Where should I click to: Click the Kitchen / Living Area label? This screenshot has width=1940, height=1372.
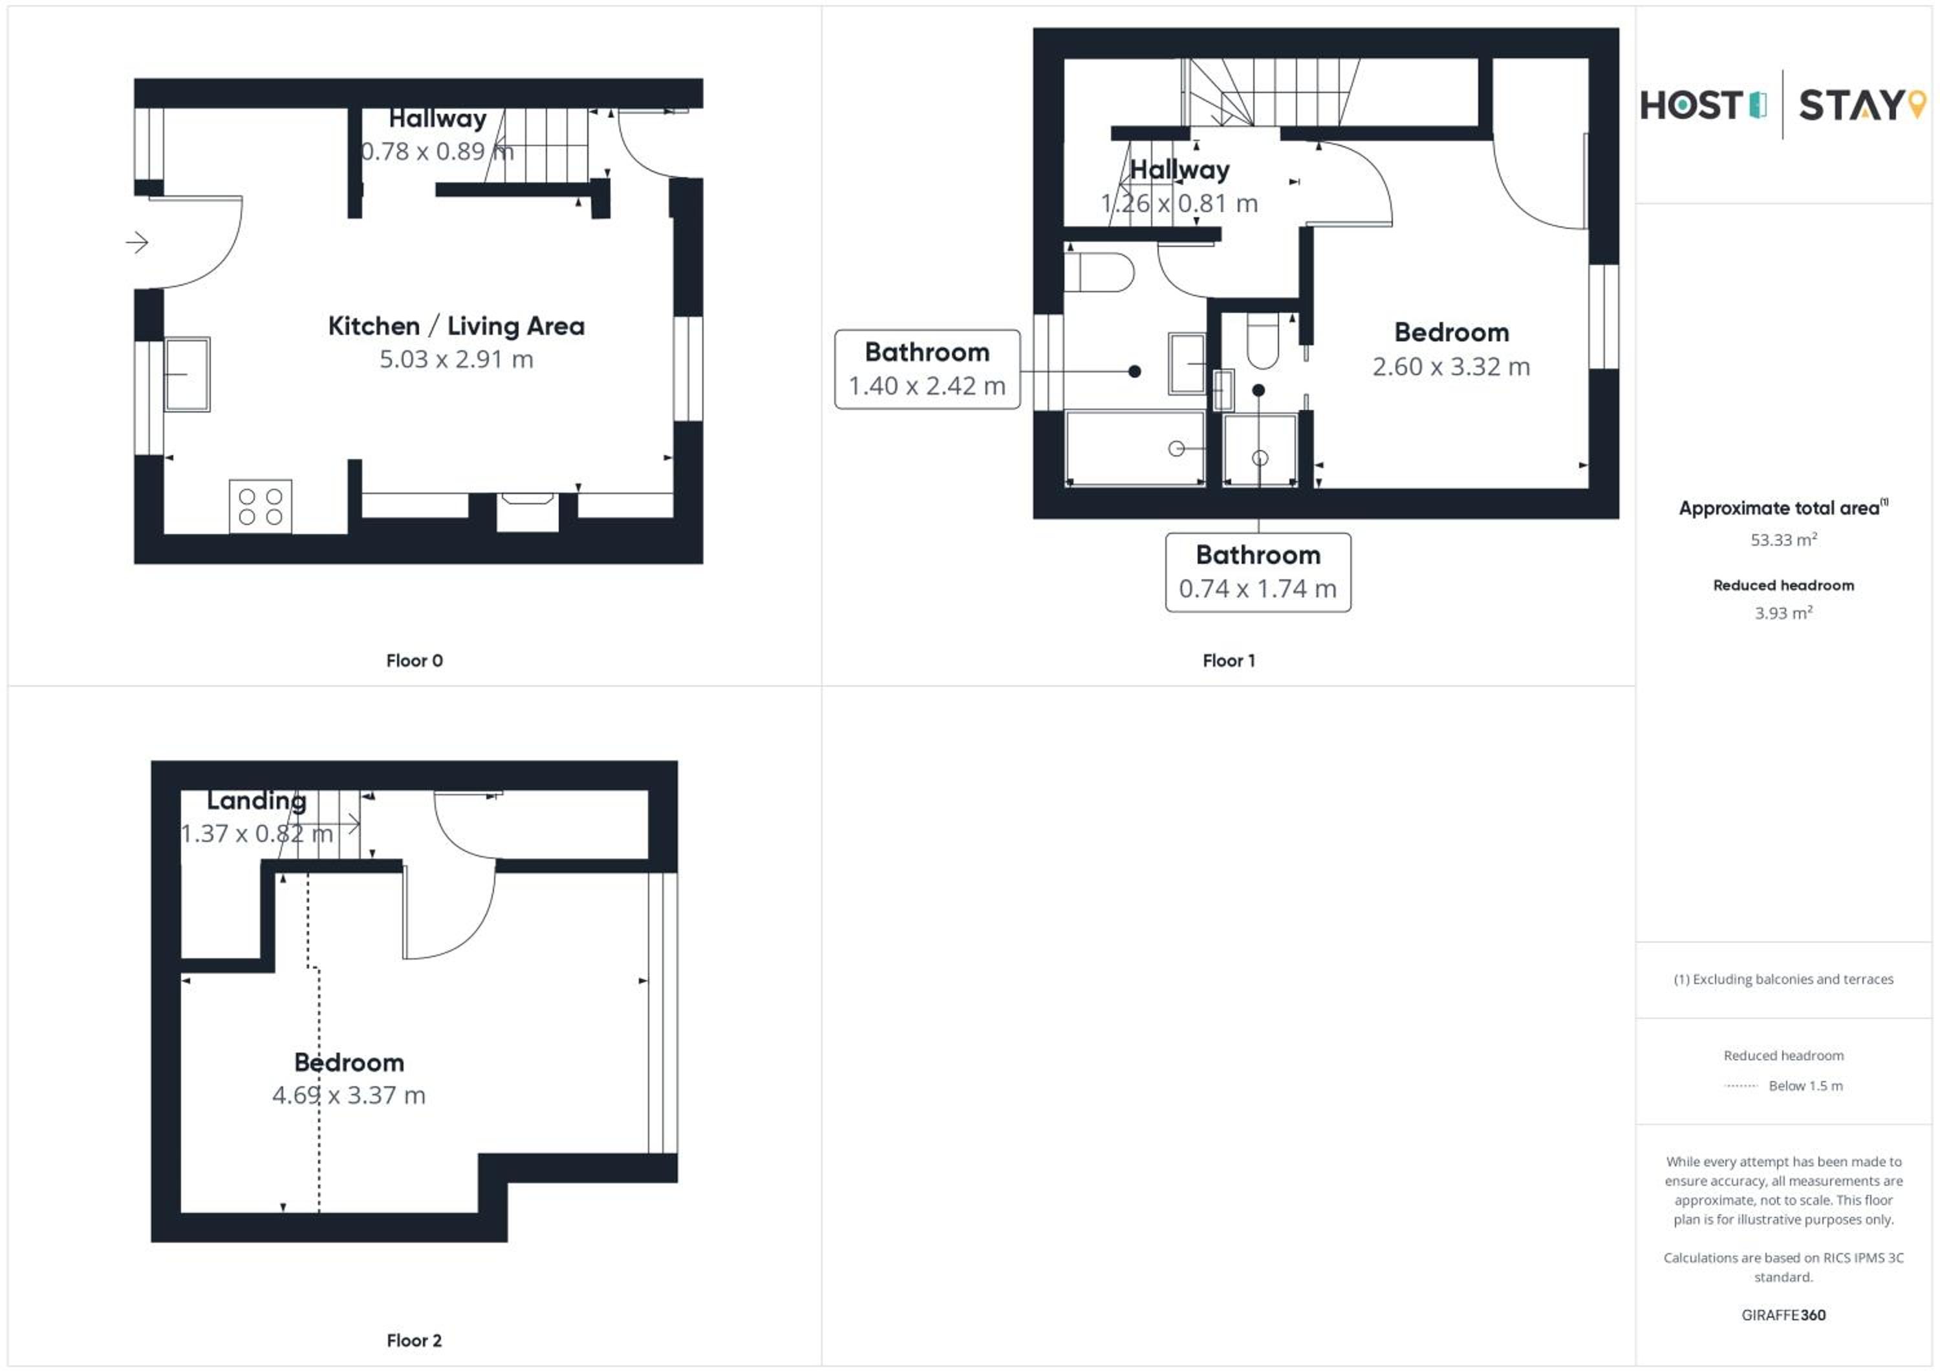point(457,326)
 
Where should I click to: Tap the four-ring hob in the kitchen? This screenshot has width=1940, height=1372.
point(260,507)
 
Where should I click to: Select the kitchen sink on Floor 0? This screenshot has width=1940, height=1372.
point(187,374)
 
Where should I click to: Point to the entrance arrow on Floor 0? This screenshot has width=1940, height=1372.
point(137,243)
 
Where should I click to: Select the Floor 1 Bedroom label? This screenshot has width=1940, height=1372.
point(1452,333)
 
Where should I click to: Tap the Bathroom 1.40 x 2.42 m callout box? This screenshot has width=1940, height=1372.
point(927,369)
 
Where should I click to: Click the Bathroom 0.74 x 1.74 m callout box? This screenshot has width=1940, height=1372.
point(1258,572)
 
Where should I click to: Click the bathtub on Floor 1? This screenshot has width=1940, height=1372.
point(1136,449)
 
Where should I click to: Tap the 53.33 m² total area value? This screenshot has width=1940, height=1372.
point(1784,539)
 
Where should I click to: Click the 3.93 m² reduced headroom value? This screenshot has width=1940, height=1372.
point(1784,612)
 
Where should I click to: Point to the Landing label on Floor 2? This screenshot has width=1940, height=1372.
point(257,800)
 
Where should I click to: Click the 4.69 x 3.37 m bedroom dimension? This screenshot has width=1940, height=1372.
point(349,1096)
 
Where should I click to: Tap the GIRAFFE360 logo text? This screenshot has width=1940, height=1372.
point(1784,1314)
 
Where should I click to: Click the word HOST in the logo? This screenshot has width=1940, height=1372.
point(1692,105)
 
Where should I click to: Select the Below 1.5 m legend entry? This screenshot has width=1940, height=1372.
point(1805,1086)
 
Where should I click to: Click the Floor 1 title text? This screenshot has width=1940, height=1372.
point(1229,661)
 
